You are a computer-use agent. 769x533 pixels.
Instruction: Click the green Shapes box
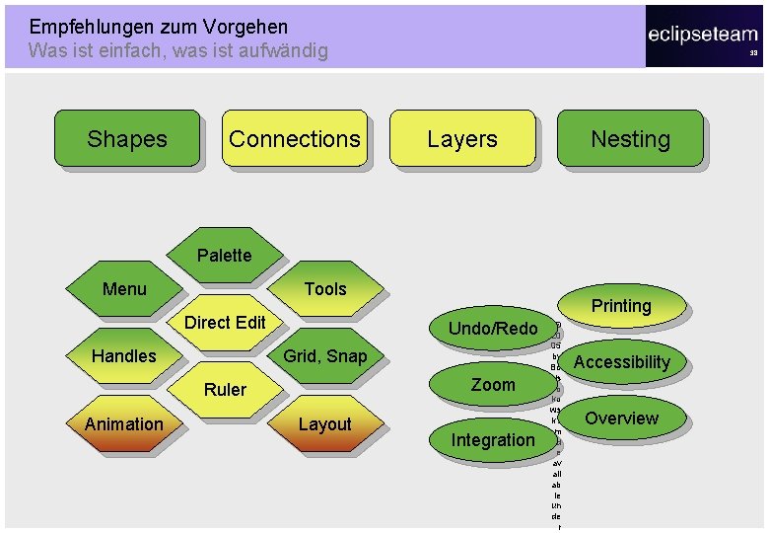pyautogui.click(x=126, y=138)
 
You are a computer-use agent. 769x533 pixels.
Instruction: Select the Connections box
pyautogui.click(x=294, y=138)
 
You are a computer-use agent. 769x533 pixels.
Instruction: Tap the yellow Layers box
pyautogui.click(x=462, y=138)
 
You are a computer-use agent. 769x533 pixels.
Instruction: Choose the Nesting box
pyautogui.click(x=630, y=138)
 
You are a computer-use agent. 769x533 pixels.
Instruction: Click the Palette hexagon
pyautogui.click(x=224, y=255)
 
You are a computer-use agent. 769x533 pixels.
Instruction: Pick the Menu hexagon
pyautogui.click(x=124, y=288)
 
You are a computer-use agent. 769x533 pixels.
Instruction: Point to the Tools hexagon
pyautogui.click(x=325, y=288)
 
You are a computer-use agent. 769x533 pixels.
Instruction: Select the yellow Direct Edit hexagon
pyautogui.click(x=225, y=322)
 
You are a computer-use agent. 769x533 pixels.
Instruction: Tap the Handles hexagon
pyautogui.click(x=124, y=355)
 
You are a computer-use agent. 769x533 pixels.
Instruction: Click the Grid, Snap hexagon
pyautogui.click(x=325, y=355)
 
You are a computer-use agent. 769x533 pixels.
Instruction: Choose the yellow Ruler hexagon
pyautogui.click(x=225, y=389)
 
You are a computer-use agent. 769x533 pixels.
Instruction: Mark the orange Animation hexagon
pyautogui.click(x=124, y=424)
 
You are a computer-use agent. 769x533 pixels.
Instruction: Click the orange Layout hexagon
pyautogui.click(x=325, y=424)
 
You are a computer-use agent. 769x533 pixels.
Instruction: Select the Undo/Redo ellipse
pyautogui.click(x=493, y=328)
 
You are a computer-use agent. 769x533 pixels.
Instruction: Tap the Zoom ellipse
pyautogui.click(x=493, y=384)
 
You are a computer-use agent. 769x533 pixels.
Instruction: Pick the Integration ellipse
pyautogui.click(x=493, y=440)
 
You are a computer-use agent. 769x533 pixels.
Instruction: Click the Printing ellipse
pyautogui.click(x=621, y=306)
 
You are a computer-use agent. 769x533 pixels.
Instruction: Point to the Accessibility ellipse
pyautogui.click(x=621, y=362)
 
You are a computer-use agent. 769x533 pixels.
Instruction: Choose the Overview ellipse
pyautogui.click(x=621, y=418)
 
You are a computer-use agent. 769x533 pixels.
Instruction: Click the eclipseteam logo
pyautogui.click(x=703, y=36)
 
